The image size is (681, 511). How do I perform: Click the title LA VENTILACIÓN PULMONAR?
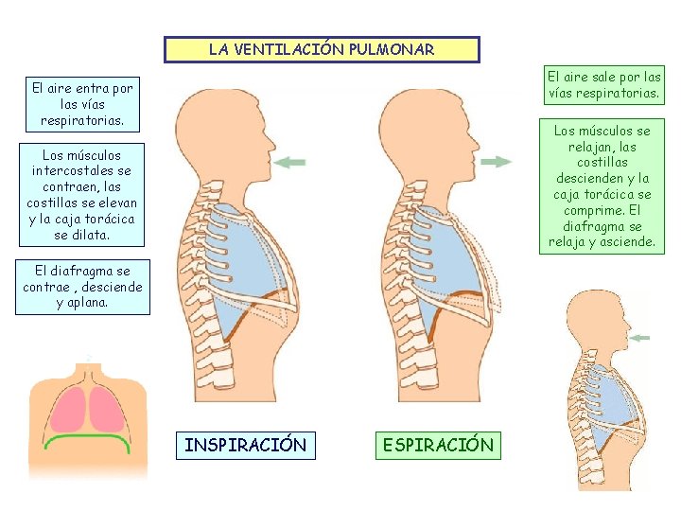click(x=322, y=49)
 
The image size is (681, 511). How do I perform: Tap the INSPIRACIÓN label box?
click(x=245, y=445)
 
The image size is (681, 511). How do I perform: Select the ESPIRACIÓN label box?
click(x=437, y=445)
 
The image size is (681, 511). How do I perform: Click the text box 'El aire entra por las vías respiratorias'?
click(x=83, y=104)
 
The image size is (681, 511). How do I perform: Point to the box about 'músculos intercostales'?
click(x=82, y=194)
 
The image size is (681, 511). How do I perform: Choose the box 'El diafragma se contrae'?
click(x=82, y=287)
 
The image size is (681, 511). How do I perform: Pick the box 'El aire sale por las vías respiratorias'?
click(x=604, y=84)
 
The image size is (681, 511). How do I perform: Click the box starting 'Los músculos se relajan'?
click(x=604, y=185)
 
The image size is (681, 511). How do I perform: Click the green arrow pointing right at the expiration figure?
click(x=496, y=163)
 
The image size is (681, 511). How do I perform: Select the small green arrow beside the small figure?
click(x=639, y=338)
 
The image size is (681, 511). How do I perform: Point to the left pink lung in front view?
click(x=70, y=408)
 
